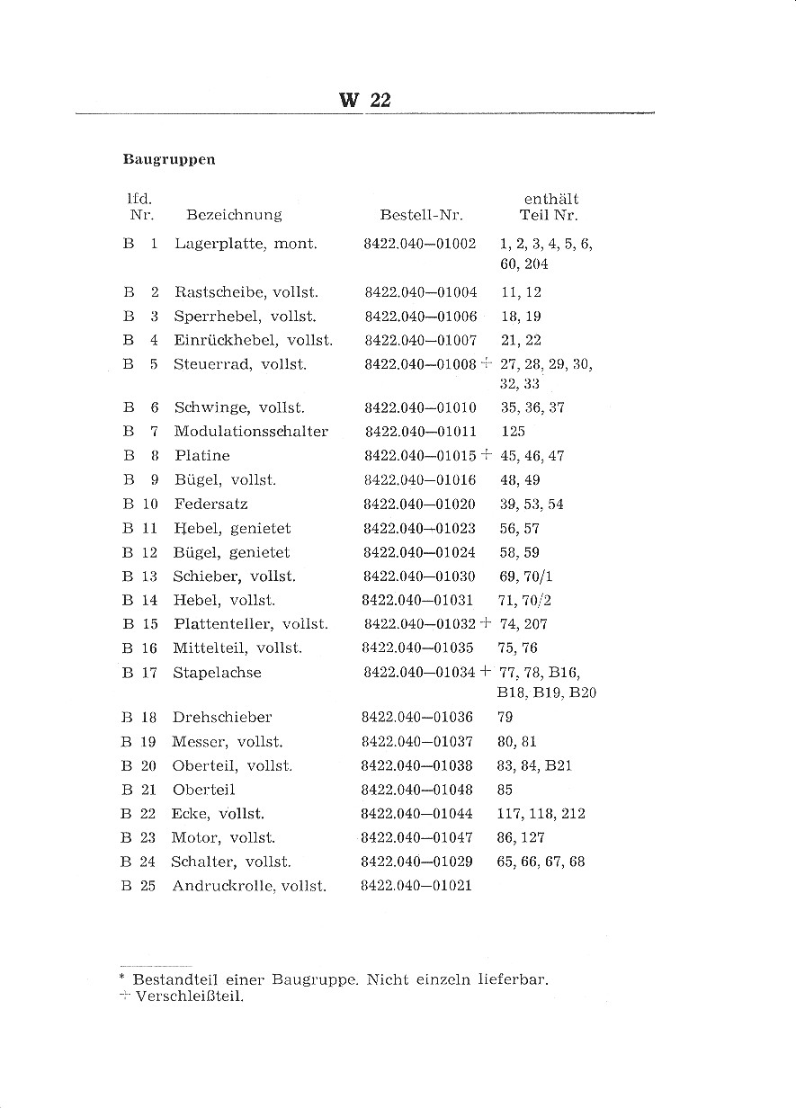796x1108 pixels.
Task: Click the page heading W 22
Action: point(364,100)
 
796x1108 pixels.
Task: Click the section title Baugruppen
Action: point(169,160)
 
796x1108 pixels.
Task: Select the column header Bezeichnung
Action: point(234,215)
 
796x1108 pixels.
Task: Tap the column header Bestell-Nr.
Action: point(421,215)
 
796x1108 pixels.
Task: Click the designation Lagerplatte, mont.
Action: point(246,244)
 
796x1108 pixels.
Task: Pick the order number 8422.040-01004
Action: point(421,292)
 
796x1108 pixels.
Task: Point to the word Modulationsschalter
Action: point(251,432)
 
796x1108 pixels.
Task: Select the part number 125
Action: point(514,432)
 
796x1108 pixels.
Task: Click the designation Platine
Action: point(202,456)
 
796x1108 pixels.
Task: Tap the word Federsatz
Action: point(210,505)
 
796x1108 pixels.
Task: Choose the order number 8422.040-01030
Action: point(420,576)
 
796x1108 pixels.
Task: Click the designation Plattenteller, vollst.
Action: point(250,624)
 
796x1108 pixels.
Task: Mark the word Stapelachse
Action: point(217,673)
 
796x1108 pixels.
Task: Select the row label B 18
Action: point(139,718)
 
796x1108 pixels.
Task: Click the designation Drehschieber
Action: point(221,718)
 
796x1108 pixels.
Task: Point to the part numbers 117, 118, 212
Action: point(541,814)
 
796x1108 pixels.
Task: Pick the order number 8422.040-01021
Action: point(416,886)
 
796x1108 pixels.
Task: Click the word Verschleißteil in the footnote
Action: point(190,996)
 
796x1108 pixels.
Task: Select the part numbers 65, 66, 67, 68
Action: point(541,862)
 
